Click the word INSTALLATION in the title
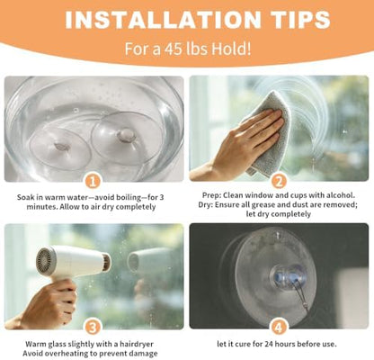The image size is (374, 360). click(x=163, y=20)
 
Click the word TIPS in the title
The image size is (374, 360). click(x=299, y=20)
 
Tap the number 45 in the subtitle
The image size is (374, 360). click(x=174, y=49)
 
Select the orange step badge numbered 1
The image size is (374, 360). click(x=93, y=182)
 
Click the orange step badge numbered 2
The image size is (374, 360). click(x=279, y=182)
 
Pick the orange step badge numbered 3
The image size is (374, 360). click(x=93, y=328)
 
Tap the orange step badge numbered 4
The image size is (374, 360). click(x=279, y=328)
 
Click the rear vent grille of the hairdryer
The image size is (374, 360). click(x=45, y=260)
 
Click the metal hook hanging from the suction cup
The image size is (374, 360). click(x=299, y=295)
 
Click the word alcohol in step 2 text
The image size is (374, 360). click(x=341, y=195)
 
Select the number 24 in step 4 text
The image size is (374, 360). click(x=270, y=344)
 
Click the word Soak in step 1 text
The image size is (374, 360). click(x=24, y=198)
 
